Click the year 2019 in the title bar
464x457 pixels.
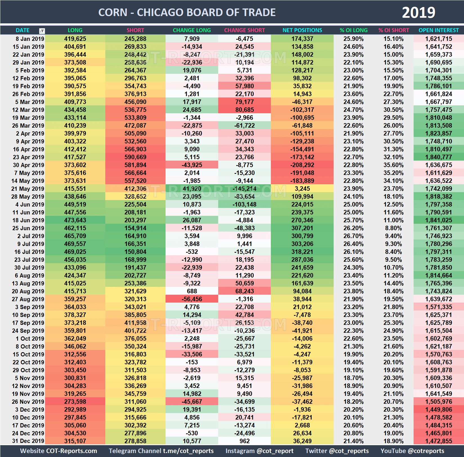click(418, 12)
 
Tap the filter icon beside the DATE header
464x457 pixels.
click(42, 31)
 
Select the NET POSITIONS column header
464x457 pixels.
click(302, 30)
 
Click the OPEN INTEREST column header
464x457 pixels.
click(438, 30)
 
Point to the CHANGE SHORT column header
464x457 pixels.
click(244, 30)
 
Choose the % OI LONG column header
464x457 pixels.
click(353, 30)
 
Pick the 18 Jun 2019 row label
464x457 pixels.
click(28, 220)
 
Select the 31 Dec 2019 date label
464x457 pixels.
click(28, 441)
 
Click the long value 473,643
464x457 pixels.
click(75, 220)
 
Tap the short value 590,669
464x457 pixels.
click(135, 157)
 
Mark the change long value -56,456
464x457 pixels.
click(192, 299)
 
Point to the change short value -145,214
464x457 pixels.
click(244, 189)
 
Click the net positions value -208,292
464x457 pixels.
click(302, 165)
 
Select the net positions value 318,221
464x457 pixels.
click(302, 252)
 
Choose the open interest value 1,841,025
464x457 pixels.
click(438, 220)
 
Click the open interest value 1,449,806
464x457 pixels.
click(438, 410)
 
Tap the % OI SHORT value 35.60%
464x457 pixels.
click(394, 165)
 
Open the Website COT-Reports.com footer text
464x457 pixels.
click(59, 451)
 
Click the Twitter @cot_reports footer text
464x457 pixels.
click(337, 451)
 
